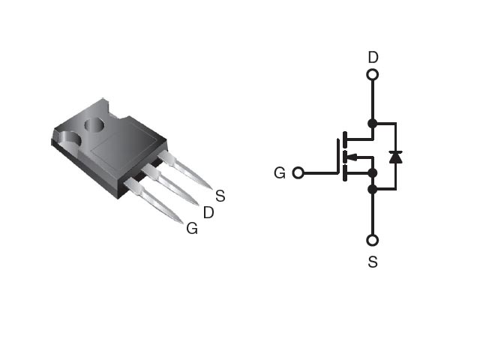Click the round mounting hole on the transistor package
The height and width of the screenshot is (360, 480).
94,125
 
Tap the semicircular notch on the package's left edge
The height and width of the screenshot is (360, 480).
70,139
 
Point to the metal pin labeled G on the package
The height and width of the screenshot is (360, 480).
153,200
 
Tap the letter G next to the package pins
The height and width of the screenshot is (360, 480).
192,228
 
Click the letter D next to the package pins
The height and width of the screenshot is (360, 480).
208,212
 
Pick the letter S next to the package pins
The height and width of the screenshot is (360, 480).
220,196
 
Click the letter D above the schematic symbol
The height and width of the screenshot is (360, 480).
373,57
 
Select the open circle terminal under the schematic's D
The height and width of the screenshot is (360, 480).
373,75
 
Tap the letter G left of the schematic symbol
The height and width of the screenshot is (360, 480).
280,173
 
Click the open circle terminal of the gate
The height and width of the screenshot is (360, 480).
298,173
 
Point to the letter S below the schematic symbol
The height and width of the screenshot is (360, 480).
373,262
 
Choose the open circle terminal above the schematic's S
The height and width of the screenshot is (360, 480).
373,241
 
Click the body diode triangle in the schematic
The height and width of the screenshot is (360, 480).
396,157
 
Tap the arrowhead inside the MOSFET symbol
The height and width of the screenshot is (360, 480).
352,157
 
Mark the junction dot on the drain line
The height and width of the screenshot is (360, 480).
373,124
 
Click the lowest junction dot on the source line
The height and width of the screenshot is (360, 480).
373,190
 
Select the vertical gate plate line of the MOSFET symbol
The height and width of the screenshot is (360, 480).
338,157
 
